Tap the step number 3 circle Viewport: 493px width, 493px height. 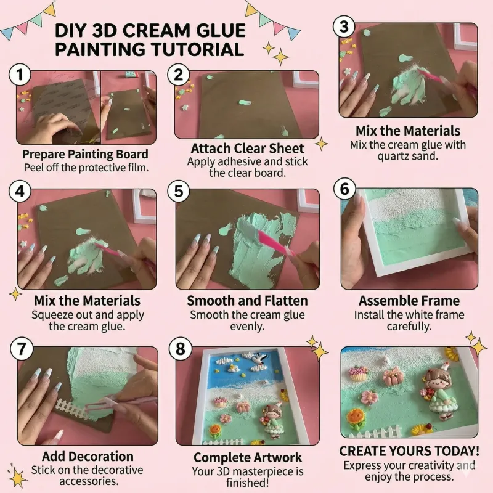coord(344,27)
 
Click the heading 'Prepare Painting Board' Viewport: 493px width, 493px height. coord(85,154)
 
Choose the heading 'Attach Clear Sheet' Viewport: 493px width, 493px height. coord(247,149)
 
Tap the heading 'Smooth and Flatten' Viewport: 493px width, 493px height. coord(246,301)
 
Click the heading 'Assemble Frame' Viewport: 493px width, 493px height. coord(409,301)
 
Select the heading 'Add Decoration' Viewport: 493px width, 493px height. coord(88,457)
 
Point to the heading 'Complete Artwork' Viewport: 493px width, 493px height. coord(248,457)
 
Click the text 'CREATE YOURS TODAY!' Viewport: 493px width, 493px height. coord(409,451)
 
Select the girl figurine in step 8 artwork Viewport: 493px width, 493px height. coord(271,421)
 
